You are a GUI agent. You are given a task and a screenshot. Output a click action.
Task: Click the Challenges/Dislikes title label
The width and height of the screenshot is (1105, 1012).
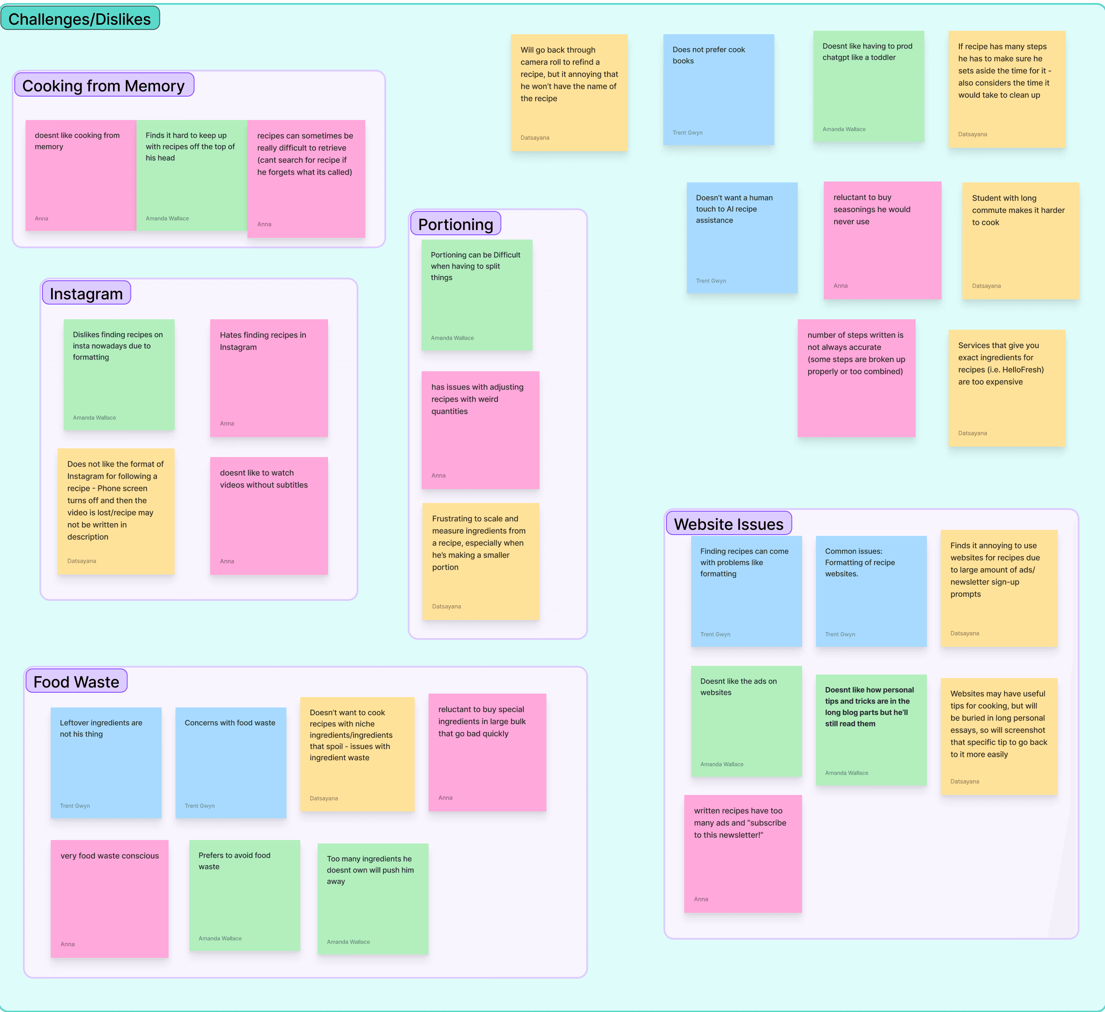point(80,19)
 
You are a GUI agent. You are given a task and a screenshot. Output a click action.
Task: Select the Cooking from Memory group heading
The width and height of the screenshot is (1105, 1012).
point(104,85)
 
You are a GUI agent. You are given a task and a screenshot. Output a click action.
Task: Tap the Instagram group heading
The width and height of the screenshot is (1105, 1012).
point(86,293)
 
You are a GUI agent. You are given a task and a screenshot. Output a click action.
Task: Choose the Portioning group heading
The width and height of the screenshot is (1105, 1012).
point(455,224)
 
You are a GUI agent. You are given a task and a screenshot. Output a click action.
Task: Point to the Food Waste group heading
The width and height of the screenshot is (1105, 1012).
point(76,681)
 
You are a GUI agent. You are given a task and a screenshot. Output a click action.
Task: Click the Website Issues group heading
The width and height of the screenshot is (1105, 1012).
point(728,524)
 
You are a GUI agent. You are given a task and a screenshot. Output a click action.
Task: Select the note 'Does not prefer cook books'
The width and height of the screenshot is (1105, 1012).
point(718,90)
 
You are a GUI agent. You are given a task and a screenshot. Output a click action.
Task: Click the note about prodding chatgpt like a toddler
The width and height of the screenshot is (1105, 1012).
point(868,87)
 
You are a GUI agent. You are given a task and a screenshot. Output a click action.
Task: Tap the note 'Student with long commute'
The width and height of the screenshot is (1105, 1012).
point(1020,240)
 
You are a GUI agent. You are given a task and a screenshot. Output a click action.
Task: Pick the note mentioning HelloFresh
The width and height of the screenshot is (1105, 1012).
point(1006,388)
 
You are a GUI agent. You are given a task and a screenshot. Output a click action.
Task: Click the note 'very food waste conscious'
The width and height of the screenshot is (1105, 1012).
point(109,898)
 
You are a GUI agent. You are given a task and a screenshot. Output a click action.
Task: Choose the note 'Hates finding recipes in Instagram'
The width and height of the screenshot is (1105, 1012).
point(269,378)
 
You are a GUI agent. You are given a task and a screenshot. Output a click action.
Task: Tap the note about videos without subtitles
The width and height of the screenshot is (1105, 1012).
point(269,516)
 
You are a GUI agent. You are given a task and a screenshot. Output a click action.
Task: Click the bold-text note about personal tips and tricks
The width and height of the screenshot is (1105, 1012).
point(871,729)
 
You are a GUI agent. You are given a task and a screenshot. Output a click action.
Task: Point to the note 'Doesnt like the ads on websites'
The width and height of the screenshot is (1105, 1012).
point(746,721)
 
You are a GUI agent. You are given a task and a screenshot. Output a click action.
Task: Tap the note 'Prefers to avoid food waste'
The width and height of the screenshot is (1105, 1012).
point(244,895)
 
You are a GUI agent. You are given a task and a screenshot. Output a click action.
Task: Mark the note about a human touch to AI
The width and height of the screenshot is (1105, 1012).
point(741,238)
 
